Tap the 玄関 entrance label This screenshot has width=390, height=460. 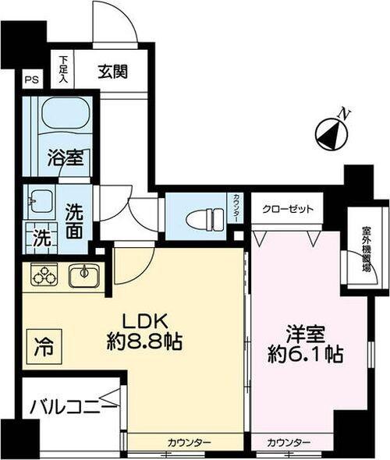(x=113, y=71)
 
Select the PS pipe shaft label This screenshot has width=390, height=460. (x=30, y=80)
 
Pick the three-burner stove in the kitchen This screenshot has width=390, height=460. (x=44, y=275)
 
